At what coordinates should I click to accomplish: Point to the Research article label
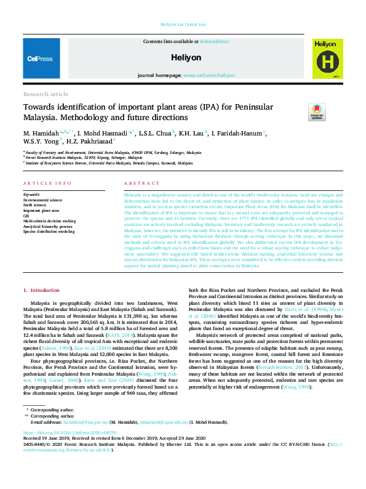click(46, 94)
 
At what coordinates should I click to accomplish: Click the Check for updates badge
click(316, 112)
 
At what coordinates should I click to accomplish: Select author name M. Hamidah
click(41, 132)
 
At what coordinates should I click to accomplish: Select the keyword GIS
click(26, 216)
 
